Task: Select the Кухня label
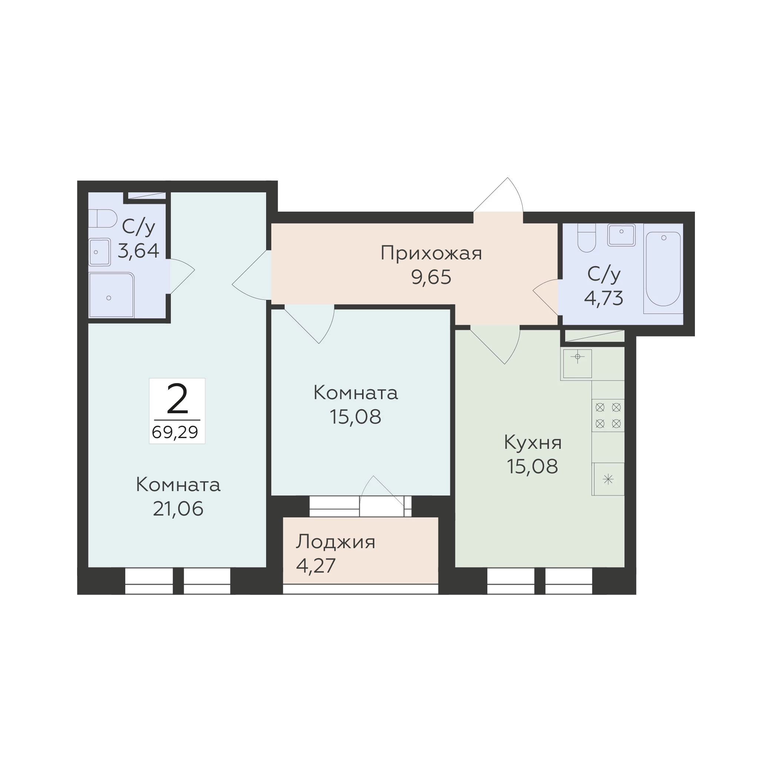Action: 533,443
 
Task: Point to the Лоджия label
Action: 335,542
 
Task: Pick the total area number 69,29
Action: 175,432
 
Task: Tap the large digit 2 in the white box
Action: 177,399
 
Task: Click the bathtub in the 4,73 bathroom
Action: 663,269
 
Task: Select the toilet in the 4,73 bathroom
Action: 587,238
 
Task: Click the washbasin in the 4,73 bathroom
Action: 622,235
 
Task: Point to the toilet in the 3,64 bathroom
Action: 102,219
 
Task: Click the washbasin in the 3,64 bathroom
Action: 99,252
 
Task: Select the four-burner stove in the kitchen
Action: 608,415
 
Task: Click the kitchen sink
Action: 577,364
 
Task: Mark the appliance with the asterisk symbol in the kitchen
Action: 608,479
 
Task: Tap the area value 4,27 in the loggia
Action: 316,566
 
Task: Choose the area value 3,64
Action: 139,251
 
